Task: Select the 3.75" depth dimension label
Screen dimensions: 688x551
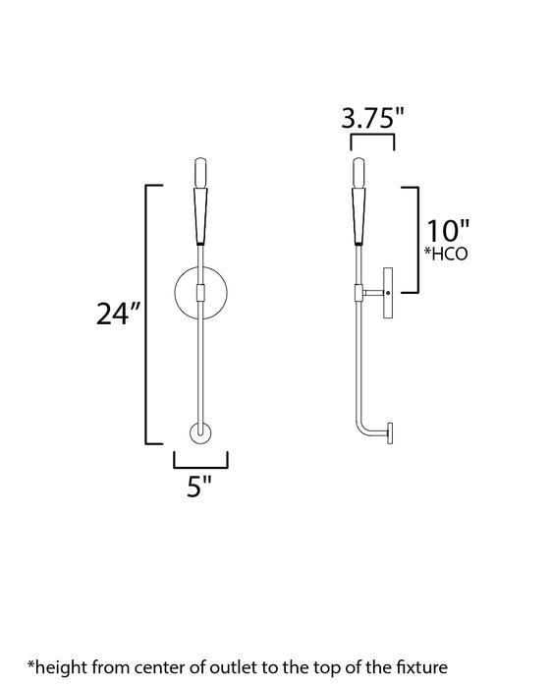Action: point(372,119)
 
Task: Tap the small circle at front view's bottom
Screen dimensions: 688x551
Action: point(200,433)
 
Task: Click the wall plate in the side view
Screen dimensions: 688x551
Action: point(389,292)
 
